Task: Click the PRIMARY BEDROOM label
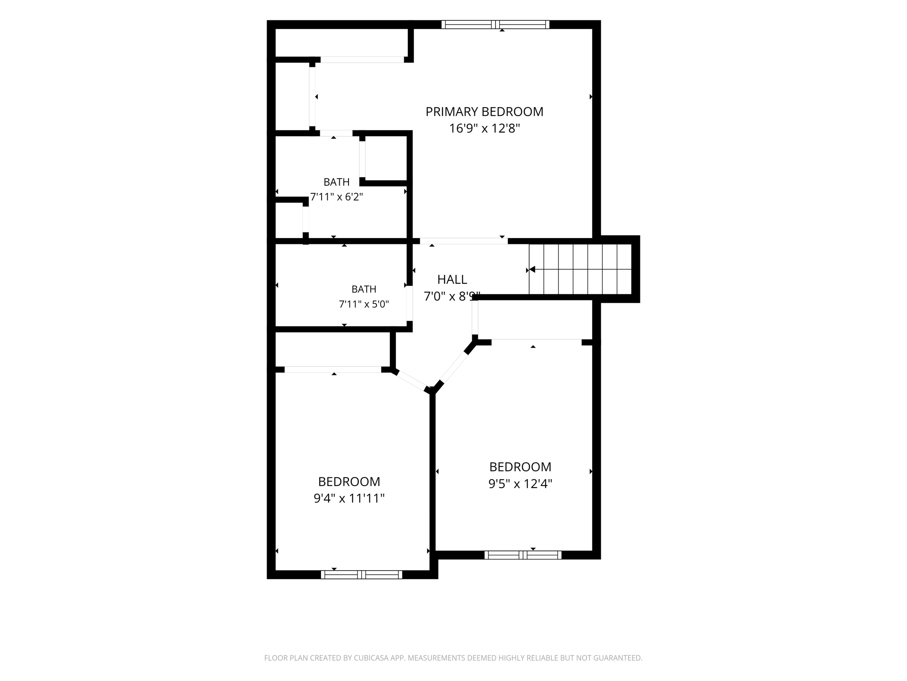tap(485, 112)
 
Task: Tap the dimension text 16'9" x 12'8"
tap(485, 129)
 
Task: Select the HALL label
tap(452, 279)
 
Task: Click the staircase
tap(580, 269)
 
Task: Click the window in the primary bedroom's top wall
tap(496, 24)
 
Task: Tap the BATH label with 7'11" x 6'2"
tap(337, 182)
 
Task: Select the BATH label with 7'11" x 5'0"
tap(364, 289)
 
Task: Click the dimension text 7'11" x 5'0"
tap(364, 304)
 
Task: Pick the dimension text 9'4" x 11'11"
tap(349, 498)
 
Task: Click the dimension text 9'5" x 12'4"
tap(520, 484)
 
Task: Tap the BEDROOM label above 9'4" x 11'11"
tap(349, 481)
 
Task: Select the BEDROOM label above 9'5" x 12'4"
tap(520, 467)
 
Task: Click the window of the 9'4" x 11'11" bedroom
tap(361, 575)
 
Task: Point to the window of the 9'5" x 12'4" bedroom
tap(523, 555)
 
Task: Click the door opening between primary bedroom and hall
tap(464, 241)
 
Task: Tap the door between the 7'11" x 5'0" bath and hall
tap(410, 303)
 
